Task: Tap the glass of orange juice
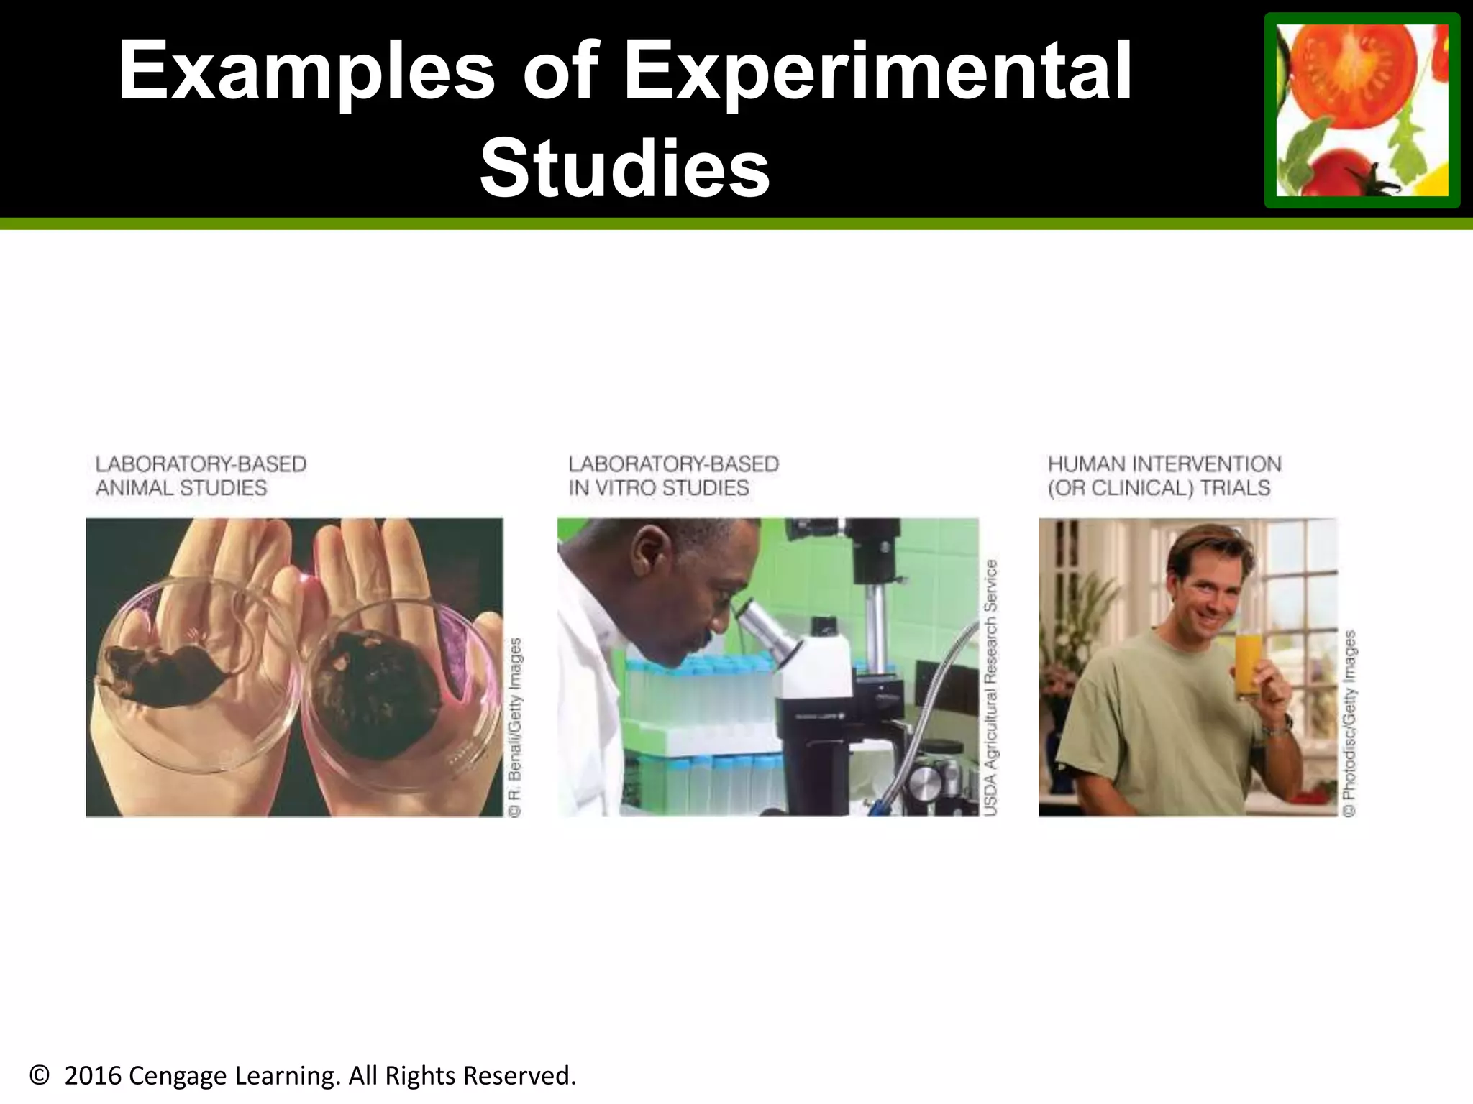(1249, 666)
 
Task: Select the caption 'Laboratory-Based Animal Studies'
(201, 476)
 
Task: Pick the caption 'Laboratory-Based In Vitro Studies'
(673, 476)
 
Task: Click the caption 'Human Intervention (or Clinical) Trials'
(1164, 476)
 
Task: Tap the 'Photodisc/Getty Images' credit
(1349, 722)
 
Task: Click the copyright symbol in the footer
(40, 1076)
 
